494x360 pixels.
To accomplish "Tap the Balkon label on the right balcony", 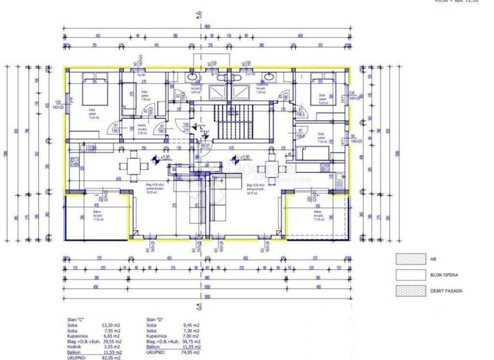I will pyautogui.click(x=318, y=212).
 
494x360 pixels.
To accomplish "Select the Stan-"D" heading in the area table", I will pyautogui.click(x=155, y=319).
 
